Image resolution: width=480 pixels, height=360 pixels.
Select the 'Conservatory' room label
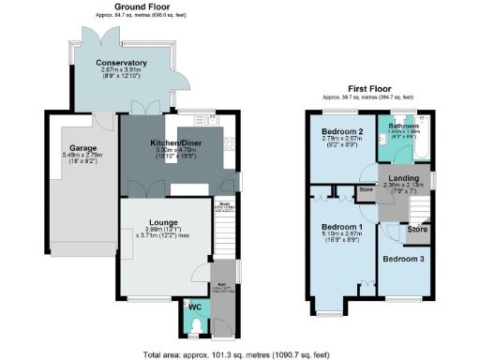click(119, 63)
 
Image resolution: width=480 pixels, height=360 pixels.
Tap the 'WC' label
click(195, 307)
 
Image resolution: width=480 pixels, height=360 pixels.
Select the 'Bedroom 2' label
click(342, 130)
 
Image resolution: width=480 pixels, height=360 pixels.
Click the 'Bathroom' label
click(405, 125)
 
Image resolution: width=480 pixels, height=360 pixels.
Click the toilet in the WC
click(195, 325)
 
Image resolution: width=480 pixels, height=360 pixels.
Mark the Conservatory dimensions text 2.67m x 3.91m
click(119, 70)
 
